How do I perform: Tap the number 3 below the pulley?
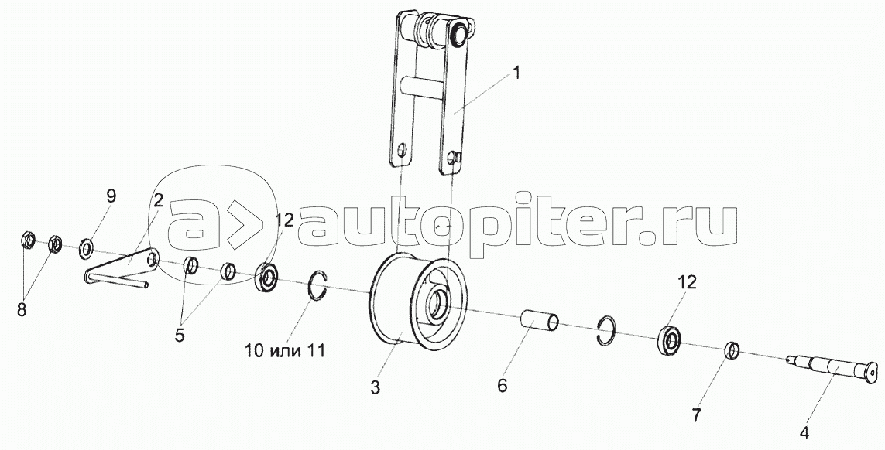(375, 388)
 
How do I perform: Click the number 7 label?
(697, 415)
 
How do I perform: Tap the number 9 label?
(111, 196)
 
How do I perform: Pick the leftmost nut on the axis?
(26, 241)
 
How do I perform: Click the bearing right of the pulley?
(670, 340)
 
